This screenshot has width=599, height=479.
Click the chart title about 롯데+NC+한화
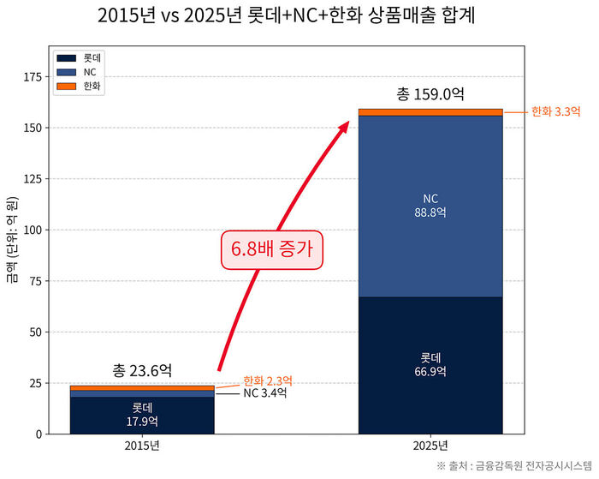coord(299,16)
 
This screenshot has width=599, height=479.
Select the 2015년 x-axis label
coord(141,446)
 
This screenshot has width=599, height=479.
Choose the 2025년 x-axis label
coord(430,446)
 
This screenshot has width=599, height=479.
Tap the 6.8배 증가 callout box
coord(272,250)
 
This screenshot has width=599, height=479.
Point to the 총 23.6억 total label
coord(142,370)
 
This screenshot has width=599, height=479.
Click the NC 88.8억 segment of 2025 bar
coord(430,206)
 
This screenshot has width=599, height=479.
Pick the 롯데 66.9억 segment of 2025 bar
coord(430,364)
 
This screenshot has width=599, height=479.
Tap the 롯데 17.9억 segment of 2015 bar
coord(141,414)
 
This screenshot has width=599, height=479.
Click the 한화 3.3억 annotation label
coord(555,111)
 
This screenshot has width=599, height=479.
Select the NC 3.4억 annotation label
coord(264,393)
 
